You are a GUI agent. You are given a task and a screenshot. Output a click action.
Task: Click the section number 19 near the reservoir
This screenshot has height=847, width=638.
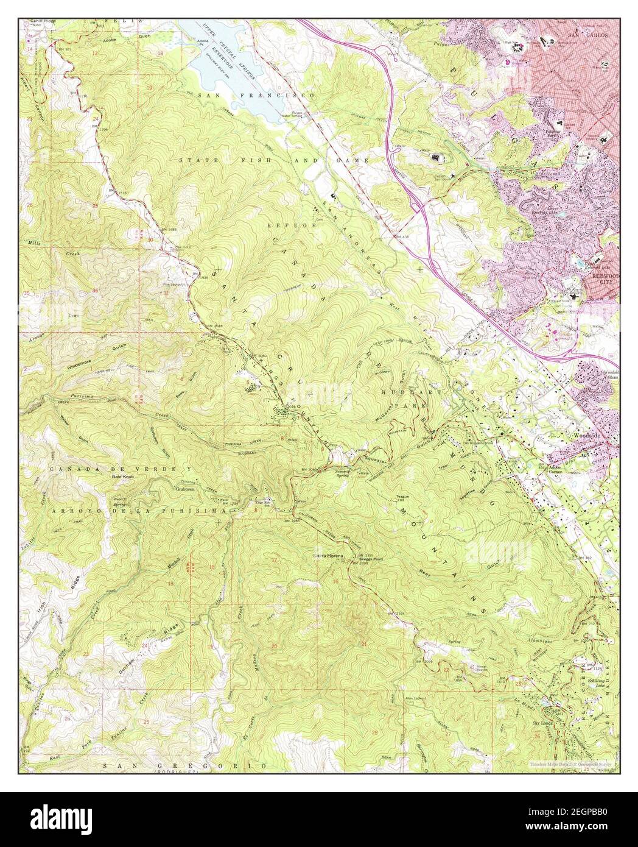pos(149,88)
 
